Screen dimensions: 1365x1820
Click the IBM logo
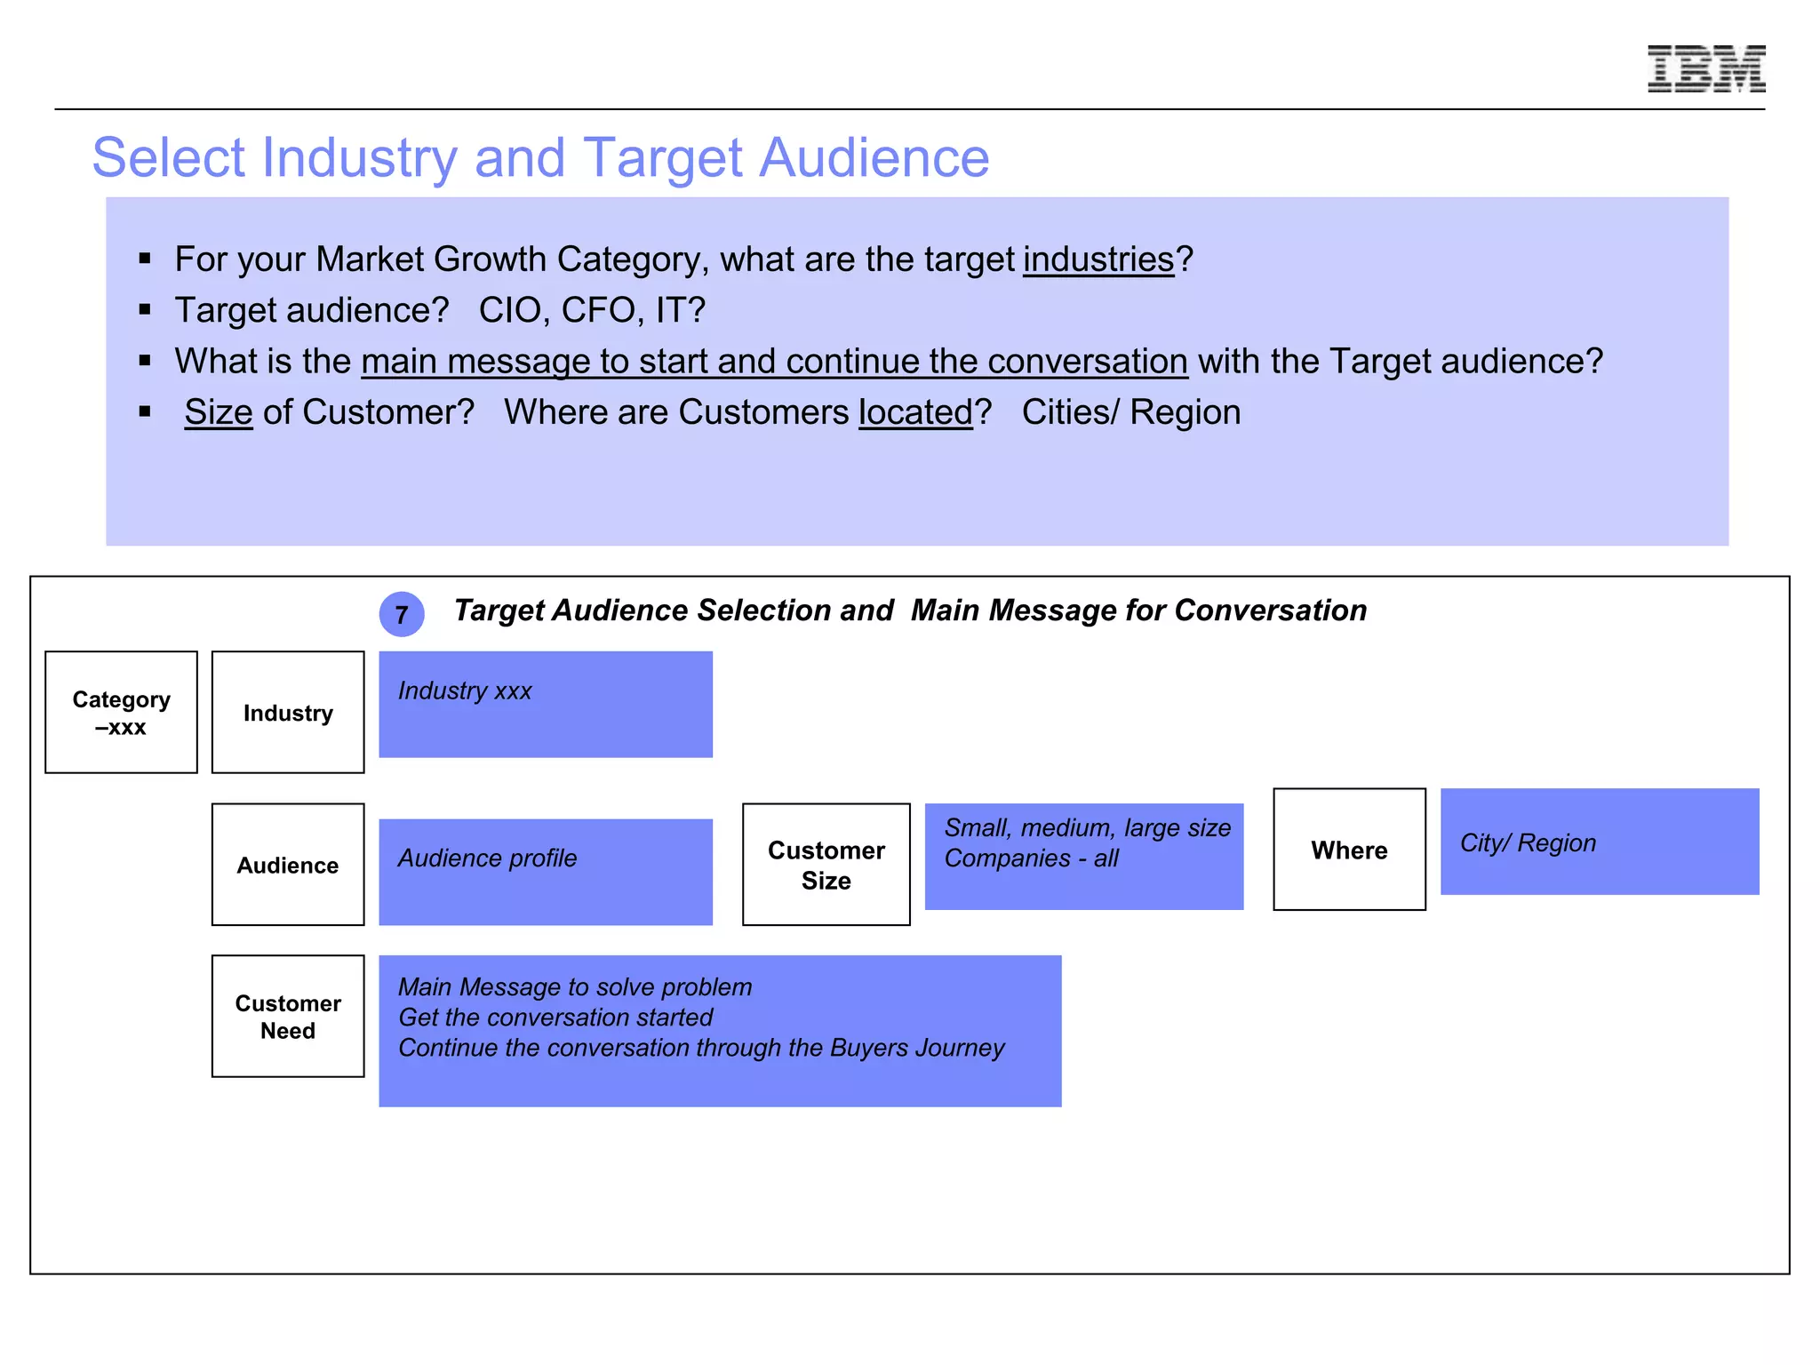click(x=1705, y=68)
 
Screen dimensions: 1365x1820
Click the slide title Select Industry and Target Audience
click(x=540, y=157)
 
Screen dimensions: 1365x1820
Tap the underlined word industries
click(x=1098, y=259)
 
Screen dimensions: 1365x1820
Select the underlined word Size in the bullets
click(x=219, y=412)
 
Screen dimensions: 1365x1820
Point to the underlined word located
click(x=915, y=412)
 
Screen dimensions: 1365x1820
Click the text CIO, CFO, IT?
click(x=592, y=310)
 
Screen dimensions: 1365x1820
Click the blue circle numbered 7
click(x=402, y=614)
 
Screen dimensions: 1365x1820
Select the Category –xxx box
click(x=121, y=713)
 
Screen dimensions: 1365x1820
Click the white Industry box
click(x=288, y=713)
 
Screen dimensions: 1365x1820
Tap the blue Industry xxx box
click(x=546, y=705)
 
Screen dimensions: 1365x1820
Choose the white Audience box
click(x=288, y=865)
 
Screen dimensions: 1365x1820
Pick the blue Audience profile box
click(x=546, y=872)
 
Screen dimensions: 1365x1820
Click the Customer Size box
click(x=826, y=865)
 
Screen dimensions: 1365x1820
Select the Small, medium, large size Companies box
click(x=1083, y=857)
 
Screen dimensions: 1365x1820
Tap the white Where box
click(x=1349, y=850)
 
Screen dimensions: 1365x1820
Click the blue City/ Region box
click(x=1599, y=842)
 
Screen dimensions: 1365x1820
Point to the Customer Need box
click(x=288, y=1017)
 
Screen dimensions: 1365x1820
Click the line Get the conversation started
click(x=555, y=1018)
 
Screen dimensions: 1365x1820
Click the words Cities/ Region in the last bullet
click(x=1130, y=412)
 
